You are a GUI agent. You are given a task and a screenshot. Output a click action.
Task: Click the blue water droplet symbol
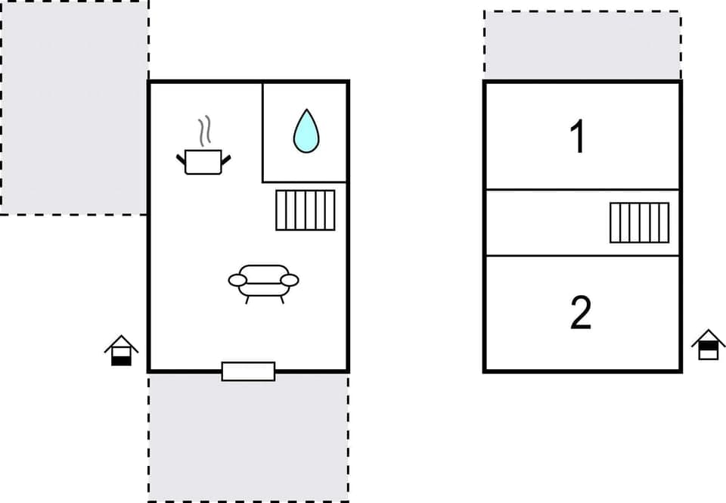click(306, 131)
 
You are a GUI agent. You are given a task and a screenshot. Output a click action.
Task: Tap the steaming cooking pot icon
click(203, 160)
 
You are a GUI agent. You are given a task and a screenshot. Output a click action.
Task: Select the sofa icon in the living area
click(263, 281)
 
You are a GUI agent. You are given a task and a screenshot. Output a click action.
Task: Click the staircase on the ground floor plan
click(305, 210)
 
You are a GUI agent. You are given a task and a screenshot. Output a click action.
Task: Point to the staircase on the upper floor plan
click(640, 222)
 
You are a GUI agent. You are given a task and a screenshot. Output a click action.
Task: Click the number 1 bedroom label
click(578, 137)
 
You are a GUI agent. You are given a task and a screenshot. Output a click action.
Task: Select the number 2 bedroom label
click(580, 313)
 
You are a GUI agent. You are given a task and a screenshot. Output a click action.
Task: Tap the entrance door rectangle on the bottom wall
click(248, 371)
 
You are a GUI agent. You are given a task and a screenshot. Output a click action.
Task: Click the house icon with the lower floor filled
click(121, 351)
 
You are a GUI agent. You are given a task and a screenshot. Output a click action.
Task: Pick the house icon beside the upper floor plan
click(709, 345)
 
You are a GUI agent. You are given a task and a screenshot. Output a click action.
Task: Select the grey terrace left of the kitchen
click(73, 106)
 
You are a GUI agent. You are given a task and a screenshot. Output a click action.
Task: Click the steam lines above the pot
click(203, 131)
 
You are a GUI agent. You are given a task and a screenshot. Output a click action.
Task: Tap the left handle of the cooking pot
click(181, 158)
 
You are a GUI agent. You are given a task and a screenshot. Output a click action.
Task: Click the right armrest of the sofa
click(290, 281)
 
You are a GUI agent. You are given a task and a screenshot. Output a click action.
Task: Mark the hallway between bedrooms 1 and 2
click(544, 222)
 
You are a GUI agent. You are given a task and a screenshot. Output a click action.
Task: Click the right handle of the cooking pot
click(225, 158)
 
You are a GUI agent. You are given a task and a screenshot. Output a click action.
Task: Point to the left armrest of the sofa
click(237, 281)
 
